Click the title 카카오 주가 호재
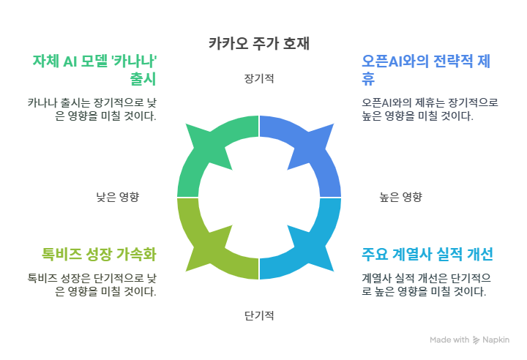pyautogui.click(x=263, y=43)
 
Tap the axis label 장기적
pyautogui.click(x=259, y=78)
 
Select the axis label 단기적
pyautogui.click(x=259, y=316)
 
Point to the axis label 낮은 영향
pyautogui.click(x=118, y=197)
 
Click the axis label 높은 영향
pyautogui.click(x=400, y=197)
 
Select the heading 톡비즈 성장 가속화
pyautogui.click(x=100, y=254)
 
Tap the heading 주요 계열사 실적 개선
pyautogui.click(x=427, y=254)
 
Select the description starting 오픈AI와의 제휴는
pyautogui.click(x=430, y=109)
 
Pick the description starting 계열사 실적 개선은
pyautogui.click(x=425, y=285)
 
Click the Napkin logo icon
pyautogui.click(x=476, y=340)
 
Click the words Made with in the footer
pyautogui.click(x=449, y=340)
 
